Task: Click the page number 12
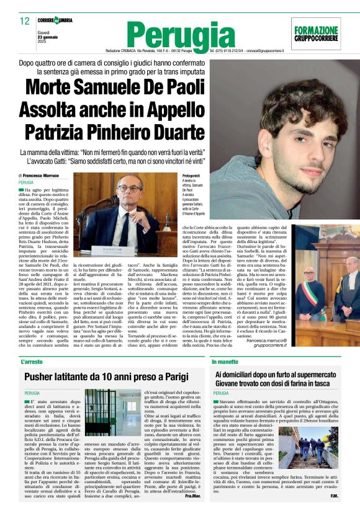tap(25, 21)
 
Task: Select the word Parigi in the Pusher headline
tap(186, 376)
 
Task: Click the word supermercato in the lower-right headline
tap(307, 374)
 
